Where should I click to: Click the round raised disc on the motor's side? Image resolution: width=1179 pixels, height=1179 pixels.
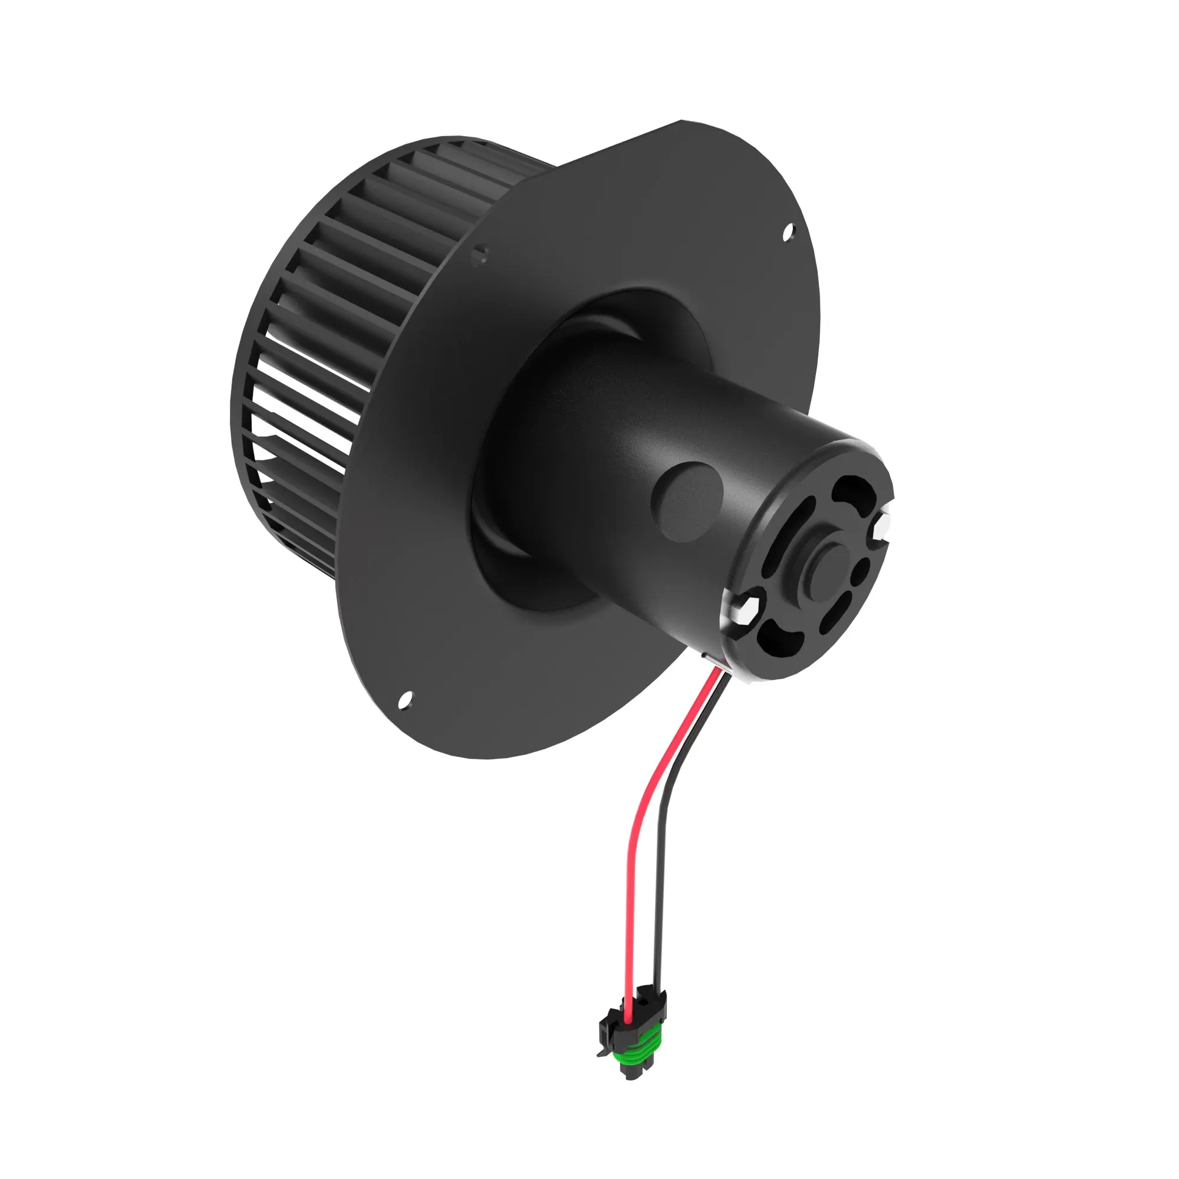tap(686, 500)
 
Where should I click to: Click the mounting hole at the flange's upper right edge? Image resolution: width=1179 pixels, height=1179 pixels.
tap(789, 230)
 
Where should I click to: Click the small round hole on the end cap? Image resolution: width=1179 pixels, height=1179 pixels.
tap(861, 571)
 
